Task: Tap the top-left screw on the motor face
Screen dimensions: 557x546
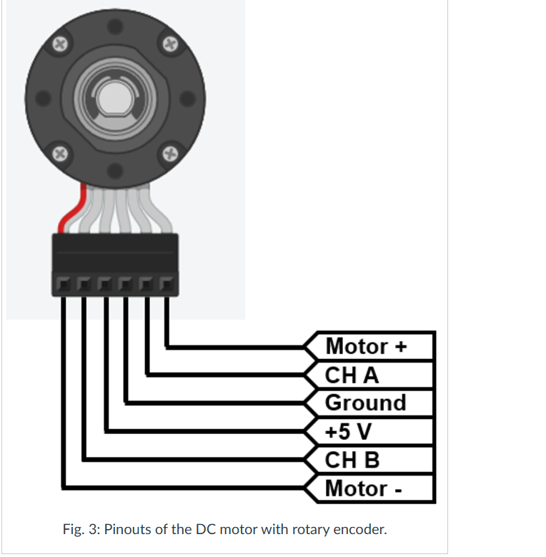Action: pyautogui.click(x=60, y=43)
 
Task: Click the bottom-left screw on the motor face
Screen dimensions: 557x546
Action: pyautogui.click(x=60, y=152)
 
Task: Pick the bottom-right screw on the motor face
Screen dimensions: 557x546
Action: pyautogui.click(x=169, y=152)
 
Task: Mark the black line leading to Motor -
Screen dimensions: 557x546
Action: pyautogui.click(x=179, y=488)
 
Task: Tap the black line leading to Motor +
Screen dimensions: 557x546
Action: pyautogui.click(x=236, y=347)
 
